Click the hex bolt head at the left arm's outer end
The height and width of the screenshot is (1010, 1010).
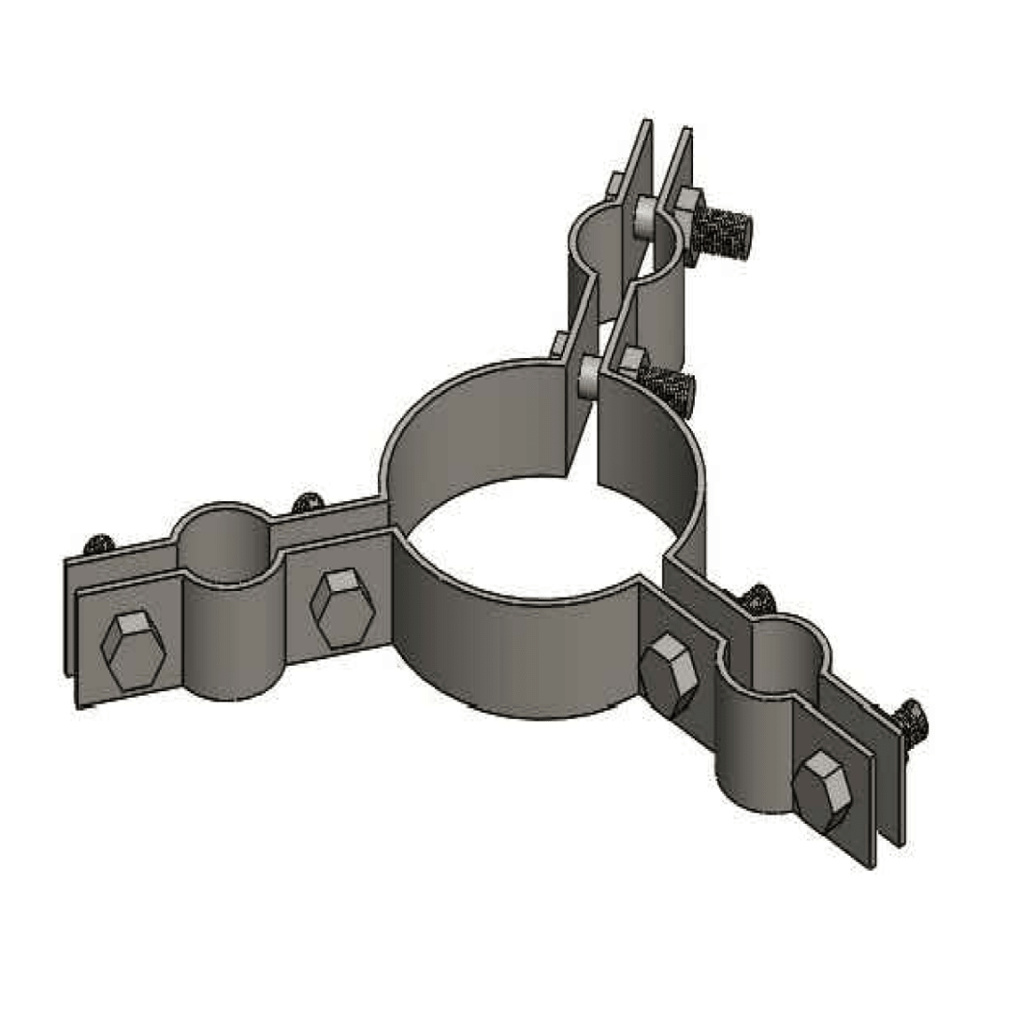[133, 651]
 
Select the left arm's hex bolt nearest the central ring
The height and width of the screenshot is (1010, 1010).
[342, 608]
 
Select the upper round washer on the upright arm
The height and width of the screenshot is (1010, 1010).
[643, 217]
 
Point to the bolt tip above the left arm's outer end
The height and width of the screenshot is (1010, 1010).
[96, 543]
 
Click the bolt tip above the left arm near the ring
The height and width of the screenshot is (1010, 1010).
[308, 504]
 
